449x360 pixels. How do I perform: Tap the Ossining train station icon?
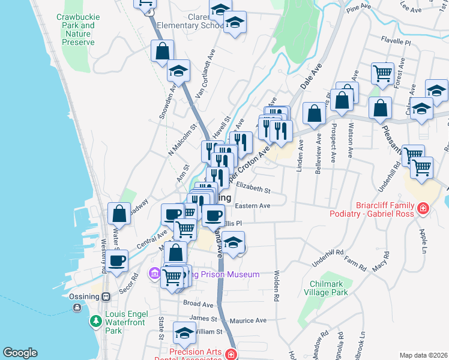pyautogui.click(x=106, y=296)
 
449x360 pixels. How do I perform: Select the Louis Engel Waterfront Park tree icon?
pyautogui.click(x=95, y=322)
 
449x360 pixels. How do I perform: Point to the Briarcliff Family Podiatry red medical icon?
pyautogui.click(x=424, y=208)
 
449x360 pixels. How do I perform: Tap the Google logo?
pyautogui.click(x=20, y=353)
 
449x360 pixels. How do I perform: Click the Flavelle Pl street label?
pyautogui.click(x=395, y=43)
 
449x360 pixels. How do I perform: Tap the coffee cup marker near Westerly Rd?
pyautogui.click(x=118, y=260)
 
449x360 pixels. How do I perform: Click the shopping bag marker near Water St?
pyautogui.click(x=119, y=213)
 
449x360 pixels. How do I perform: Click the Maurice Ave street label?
pyautogui.click(x=248, y=320)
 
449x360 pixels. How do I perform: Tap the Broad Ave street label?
pyautogui.click(x=199, y=304)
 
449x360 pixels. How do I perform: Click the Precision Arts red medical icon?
pyautogui.click(x=231, y=355)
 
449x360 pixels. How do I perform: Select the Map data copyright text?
pyautogui.click(x=423, y=355)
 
